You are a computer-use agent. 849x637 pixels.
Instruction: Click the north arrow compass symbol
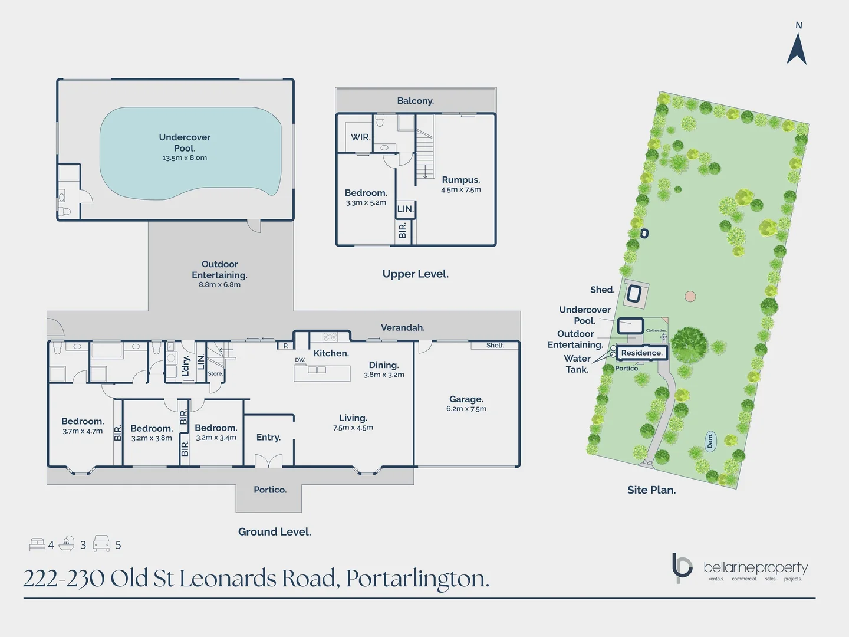(x=797, y=49)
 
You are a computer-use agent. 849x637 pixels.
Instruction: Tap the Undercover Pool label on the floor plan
(x=185, y=142)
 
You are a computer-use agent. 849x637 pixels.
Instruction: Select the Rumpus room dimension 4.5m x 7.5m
(x=460, y=190)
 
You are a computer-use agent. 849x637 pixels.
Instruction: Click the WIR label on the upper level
(x=360, y=137)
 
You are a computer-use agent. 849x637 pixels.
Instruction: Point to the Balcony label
(x=415, y=101)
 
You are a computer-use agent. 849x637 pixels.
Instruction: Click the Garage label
(x=466, y=399)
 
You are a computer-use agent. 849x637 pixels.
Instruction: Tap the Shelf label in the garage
(x=495, y=346)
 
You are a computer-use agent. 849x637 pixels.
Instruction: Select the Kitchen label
(x=331, y=353)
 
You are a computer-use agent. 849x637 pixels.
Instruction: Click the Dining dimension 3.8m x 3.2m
(x=384, y=375)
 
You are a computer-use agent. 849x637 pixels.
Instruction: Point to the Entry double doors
(x=268, y=461)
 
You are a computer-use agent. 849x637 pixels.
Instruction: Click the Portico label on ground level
(x=270, y=490)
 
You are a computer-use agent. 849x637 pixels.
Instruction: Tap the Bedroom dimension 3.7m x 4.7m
(x=83, y=431)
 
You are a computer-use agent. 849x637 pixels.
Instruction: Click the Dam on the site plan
(x=710, y=441)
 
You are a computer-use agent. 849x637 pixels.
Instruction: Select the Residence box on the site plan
(x=641, y=353)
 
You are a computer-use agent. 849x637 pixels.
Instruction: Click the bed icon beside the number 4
(x=37, y=544)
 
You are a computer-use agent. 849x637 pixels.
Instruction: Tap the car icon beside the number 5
(x=101, y=544)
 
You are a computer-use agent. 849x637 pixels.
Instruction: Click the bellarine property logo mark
(x=682, y=567)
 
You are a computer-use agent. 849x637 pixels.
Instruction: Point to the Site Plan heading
(x=651, y=490)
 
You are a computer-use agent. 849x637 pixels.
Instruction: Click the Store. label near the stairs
(x=215, y=374)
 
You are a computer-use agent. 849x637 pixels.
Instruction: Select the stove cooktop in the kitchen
(x=330, y=337)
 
